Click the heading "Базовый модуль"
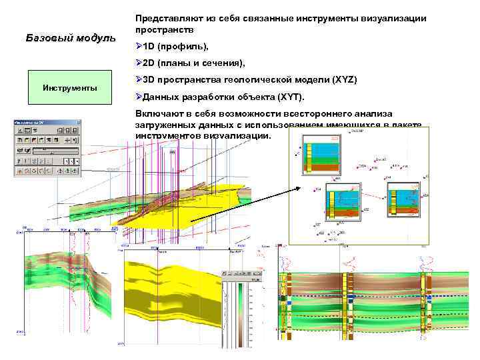coord(71,37)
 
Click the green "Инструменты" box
coord(69,87)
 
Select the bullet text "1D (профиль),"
coord(176,47)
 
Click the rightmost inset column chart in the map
coord(404,200)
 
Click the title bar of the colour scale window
coord(240,274)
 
